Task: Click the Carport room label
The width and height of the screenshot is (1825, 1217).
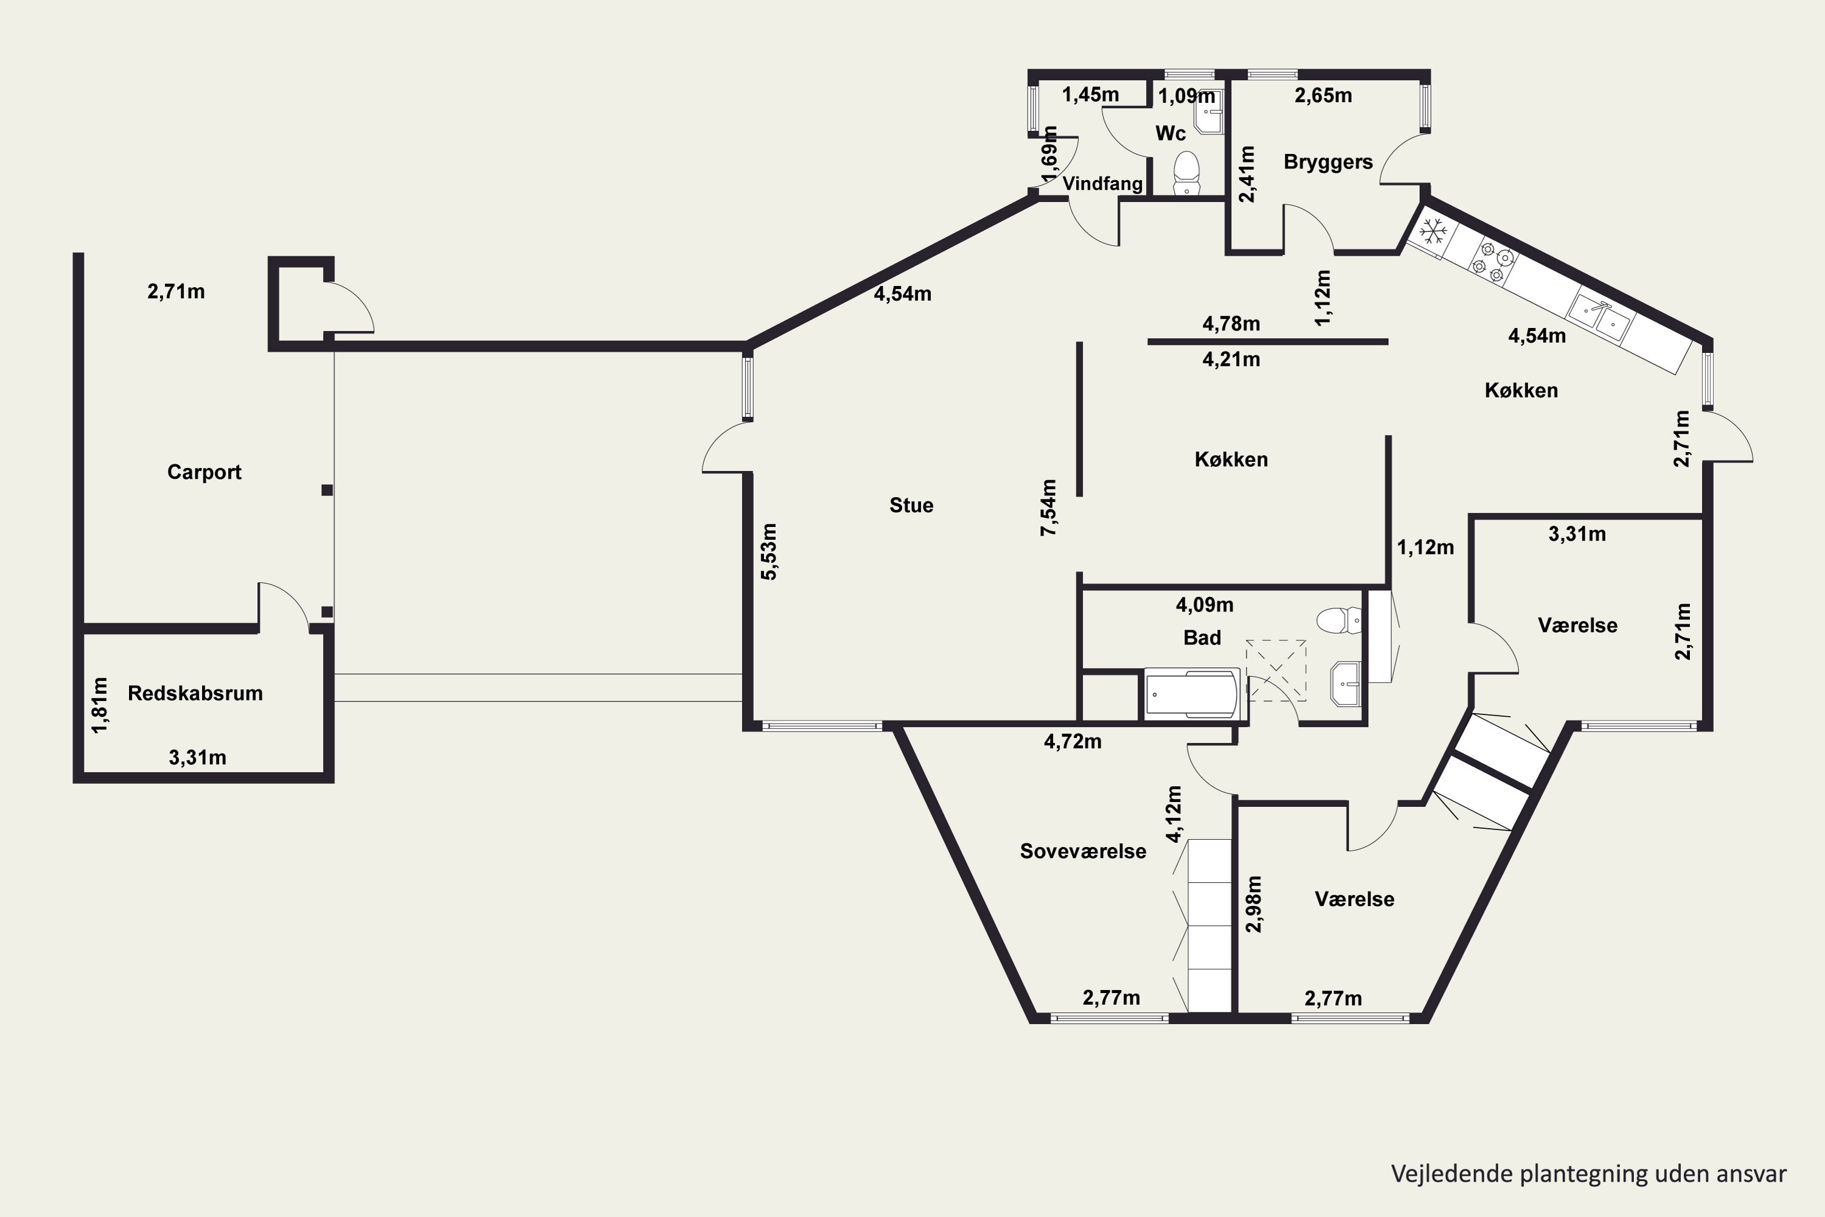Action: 204,472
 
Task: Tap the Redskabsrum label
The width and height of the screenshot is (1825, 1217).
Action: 195,693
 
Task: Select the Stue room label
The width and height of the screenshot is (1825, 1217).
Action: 911,505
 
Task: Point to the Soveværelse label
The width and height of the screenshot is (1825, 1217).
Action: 1082,851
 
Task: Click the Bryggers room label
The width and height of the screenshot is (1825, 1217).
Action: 1327,162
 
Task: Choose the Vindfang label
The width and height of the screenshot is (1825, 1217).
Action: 1102,184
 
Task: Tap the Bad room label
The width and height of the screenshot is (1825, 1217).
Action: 1202,638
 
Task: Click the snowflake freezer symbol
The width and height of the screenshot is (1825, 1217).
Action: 1433,232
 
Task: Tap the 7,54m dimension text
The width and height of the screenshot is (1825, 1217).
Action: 1048,507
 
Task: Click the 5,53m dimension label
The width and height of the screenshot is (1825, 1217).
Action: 768,552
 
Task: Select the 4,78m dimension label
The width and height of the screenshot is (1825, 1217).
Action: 1231,324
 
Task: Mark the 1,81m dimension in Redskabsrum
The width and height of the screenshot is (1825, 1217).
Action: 99,705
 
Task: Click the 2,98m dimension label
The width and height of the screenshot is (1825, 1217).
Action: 1254,904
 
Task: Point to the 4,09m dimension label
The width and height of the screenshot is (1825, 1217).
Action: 1204,605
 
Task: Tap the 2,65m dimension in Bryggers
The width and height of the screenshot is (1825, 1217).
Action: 1323,96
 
